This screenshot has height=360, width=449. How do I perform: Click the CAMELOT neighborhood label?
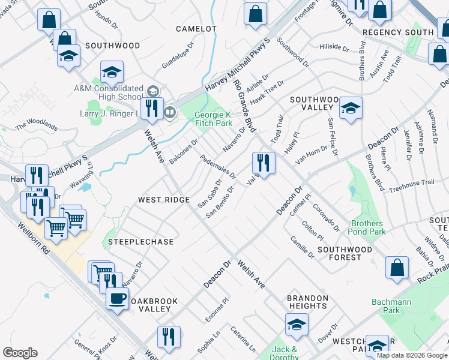click(x=196, y=29)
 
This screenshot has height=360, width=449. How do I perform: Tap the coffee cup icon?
click(x=117, y=298)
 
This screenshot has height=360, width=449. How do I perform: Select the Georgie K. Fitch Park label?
click(x=213, y=118)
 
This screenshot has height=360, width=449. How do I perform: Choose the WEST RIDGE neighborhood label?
click(x=164, y=199)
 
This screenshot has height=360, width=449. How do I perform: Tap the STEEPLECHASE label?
click(x=140, y=242)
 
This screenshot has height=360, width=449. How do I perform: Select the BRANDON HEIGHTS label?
click(x=307, y=302)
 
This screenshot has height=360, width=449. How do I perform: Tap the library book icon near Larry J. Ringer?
click(x=170, y=112)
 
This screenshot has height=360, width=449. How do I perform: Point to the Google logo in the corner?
click(x=20, y=353)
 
